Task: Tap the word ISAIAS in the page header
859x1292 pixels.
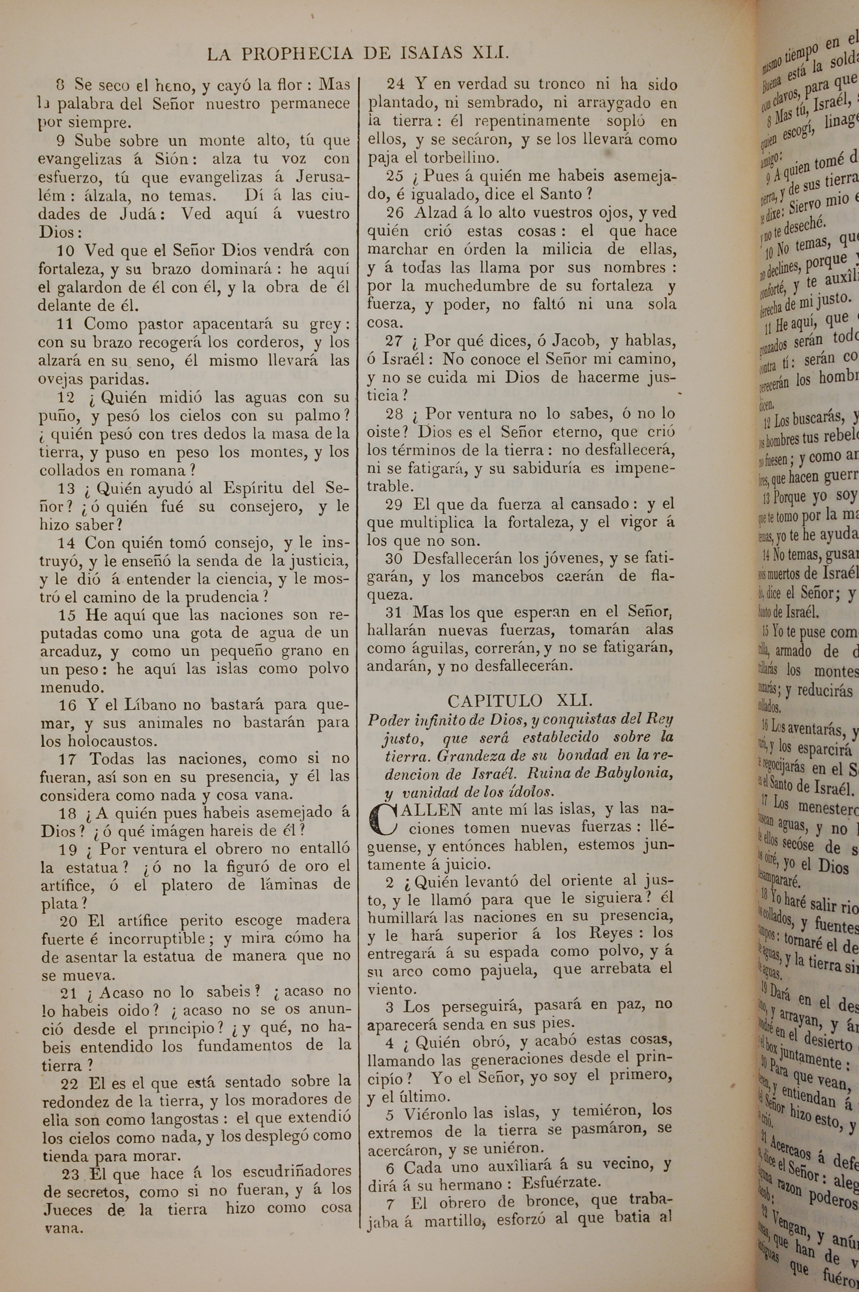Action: point(428,54)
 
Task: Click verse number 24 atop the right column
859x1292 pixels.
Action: point(395,84)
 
